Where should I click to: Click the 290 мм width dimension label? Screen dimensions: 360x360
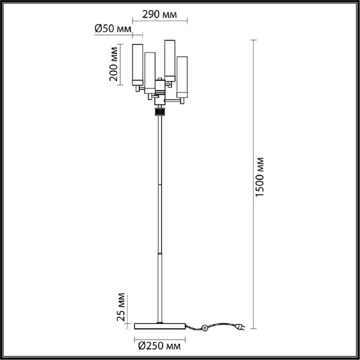click(160, 14)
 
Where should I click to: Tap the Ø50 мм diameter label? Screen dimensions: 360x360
click(113, 29)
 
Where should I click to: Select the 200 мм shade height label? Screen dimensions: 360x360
click(113, 64)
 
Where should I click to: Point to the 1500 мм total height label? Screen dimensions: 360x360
click(260, 177)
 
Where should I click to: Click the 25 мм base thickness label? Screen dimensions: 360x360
click(121, 307)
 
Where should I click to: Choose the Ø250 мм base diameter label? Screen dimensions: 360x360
click(160, 346)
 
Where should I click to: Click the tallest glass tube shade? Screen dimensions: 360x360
click(170, 61)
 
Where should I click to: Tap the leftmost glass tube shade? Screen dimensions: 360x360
click(137, 65)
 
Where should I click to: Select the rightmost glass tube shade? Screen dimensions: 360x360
click(182, 77)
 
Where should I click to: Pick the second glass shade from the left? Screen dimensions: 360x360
click(149, 73)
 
